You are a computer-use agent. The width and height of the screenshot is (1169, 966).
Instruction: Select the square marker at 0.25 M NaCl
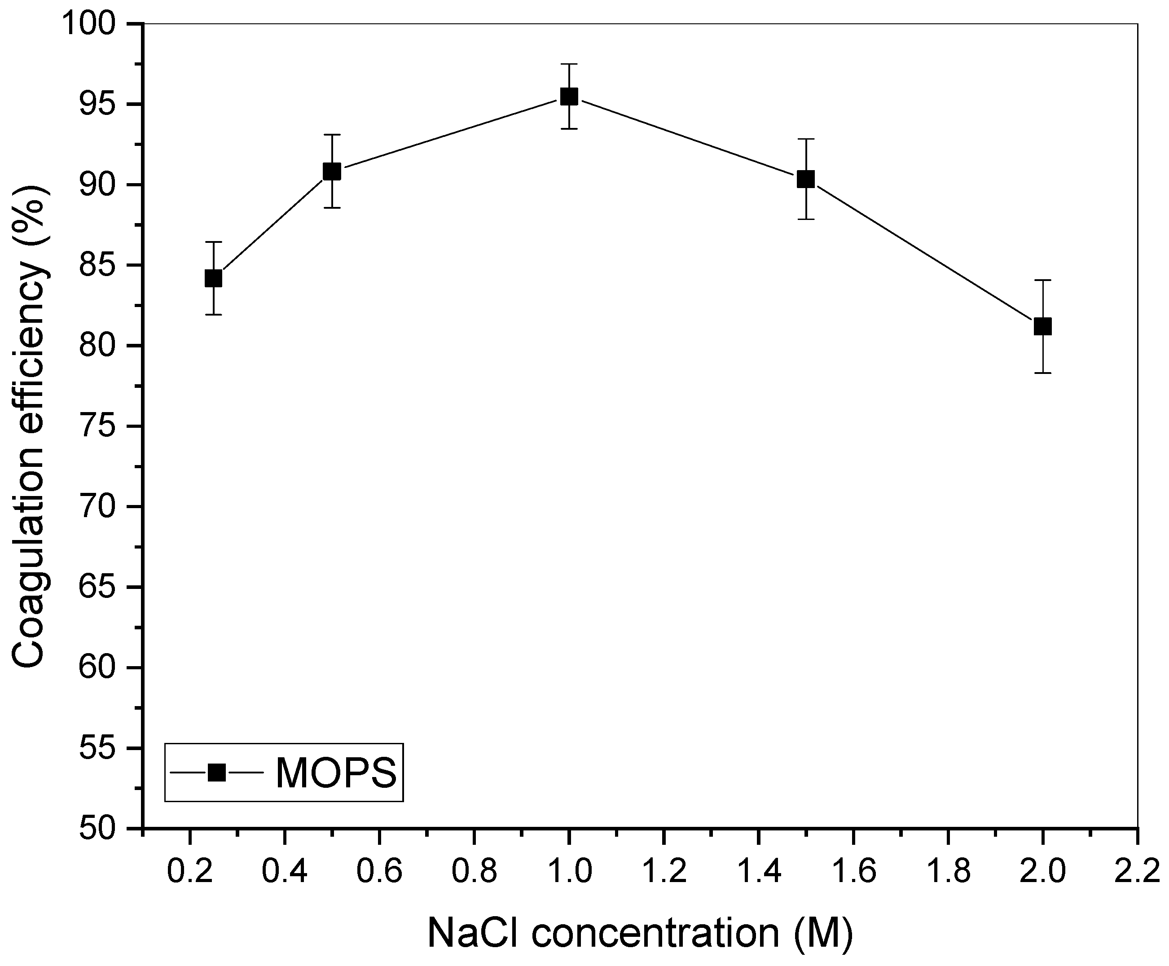point(213,278)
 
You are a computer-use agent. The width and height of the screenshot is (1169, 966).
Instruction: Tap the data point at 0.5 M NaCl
point(332,171)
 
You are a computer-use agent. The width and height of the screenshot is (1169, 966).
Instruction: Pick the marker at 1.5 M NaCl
point(805,179)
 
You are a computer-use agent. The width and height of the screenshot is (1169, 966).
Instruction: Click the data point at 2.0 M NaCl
point(1042,327)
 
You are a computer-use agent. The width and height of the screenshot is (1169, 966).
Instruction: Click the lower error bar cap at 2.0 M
point(1042,373)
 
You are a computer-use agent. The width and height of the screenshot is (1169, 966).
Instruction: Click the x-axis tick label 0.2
point(190,871)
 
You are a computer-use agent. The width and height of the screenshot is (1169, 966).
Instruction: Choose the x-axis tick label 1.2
point(663,871)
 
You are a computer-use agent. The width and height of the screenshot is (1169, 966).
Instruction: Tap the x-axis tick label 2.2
point(1137,871)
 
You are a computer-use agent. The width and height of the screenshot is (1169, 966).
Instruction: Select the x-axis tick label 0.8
point(474,871)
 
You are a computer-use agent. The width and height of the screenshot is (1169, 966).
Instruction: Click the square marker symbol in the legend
point(216,773)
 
